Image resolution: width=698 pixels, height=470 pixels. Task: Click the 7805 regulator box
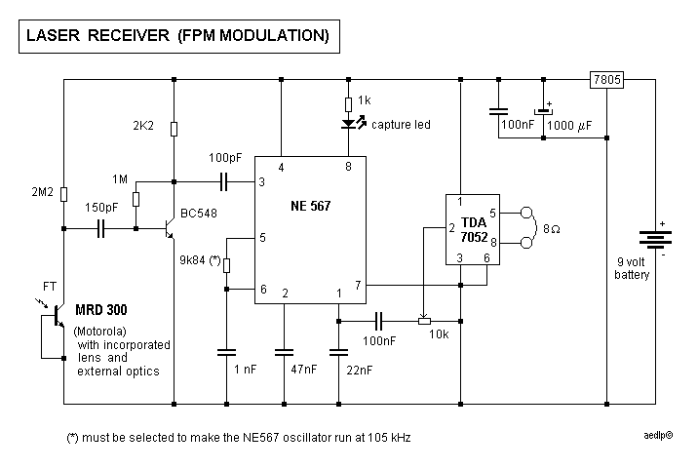pos(606,80)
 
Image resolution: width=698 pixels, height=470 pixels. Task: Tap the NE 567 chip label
pos(311,206)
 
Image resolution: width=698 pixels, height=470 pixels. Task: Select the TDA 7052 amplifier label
pos(474,230)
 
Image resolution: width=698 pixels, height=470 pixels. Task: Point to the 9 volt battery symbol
pos(655,240)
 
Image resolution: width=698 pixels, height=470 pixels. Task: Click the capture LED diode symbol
pos(349,124)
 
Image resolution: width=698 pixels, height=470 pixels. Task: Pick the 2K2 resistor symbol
pos(174,129)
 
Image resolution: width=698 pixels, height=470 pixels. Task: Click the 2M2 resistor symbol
pos(63,194)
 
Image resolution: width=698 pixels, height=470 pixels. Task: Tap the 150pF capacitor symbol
pos(101,229)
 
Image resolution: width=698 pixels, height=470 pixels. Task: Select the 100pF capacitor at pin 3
pos(224,182)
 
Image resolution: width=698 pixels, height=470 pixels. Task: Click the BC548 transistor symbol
pos(169,229)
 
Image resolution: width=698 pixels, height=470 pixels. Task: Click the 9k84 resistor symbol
pos(226,265)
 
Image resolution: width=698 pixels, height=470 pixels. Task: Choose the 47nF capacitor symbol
pos(284,353)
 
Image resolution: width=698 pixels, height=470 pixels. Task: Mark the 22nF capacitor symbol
pos(338,353)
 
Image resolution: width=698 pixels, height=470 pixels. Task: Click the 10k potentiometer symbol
pos(425,321)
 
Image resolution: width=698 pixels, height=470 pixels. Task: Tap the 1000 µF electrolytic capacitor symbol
pos(544,111)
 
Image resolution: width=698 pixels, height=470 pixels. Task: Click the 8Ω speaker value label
pos(552,229)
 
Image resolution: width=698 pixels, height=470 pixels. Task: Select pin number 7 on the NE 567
pos(358,286)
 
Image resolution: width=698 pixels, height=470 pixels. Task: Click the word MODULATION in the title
pos(274,35)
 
